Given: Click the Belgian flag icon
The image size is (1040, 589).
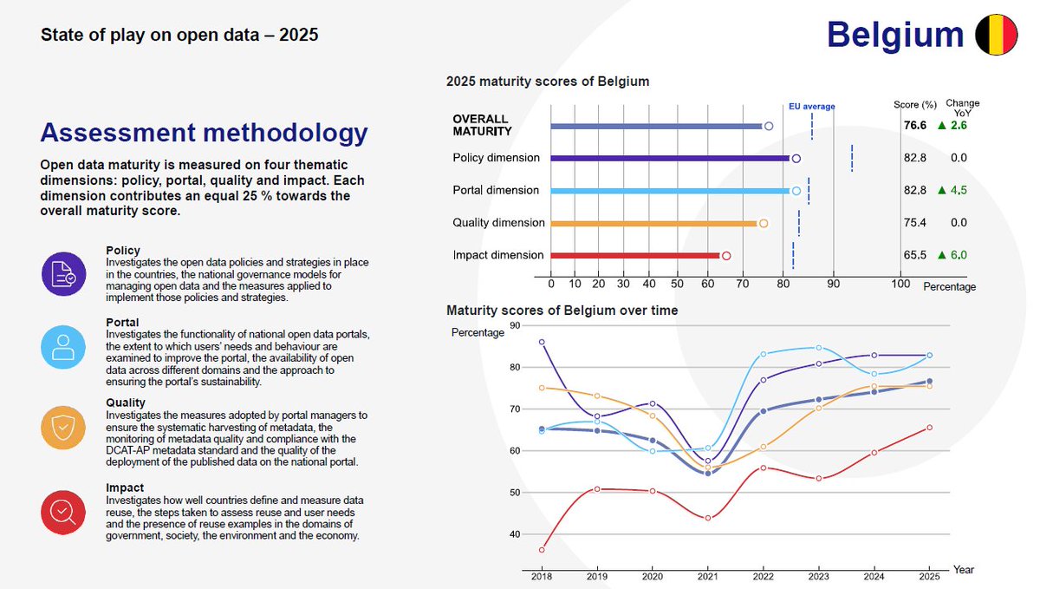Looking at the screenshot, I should point(996,35).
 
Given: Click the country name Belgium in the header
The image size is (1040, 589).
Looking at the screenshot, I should point(895,35).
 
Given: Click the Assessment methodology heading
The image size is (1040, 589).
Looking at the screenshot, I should point(204,134).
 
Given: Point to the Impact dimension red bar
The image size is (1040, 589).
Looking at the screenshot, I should point(635,255).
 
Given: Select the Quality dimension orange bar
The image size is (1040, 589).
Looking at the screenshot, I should point(654,223).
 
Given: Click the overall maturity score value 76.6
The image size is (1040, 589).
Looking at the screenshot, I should point(915,126).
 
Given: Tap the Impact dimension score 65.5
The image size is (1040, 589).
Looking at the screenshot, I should point(915,255).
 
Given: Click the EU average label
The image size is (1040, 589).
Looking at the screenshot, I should point(811,107).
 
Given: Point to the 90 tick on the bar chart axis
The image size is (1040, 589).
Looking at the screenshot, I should point(833,284).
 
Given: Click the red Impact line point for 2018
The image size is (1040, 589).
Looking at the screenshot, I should point(542,550).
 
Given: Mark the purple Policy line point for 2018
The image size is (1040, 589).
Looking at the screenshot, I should point(542,342).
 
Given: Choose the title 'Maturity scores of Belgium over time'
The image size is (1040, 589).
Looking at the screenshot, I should point(562,310).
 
